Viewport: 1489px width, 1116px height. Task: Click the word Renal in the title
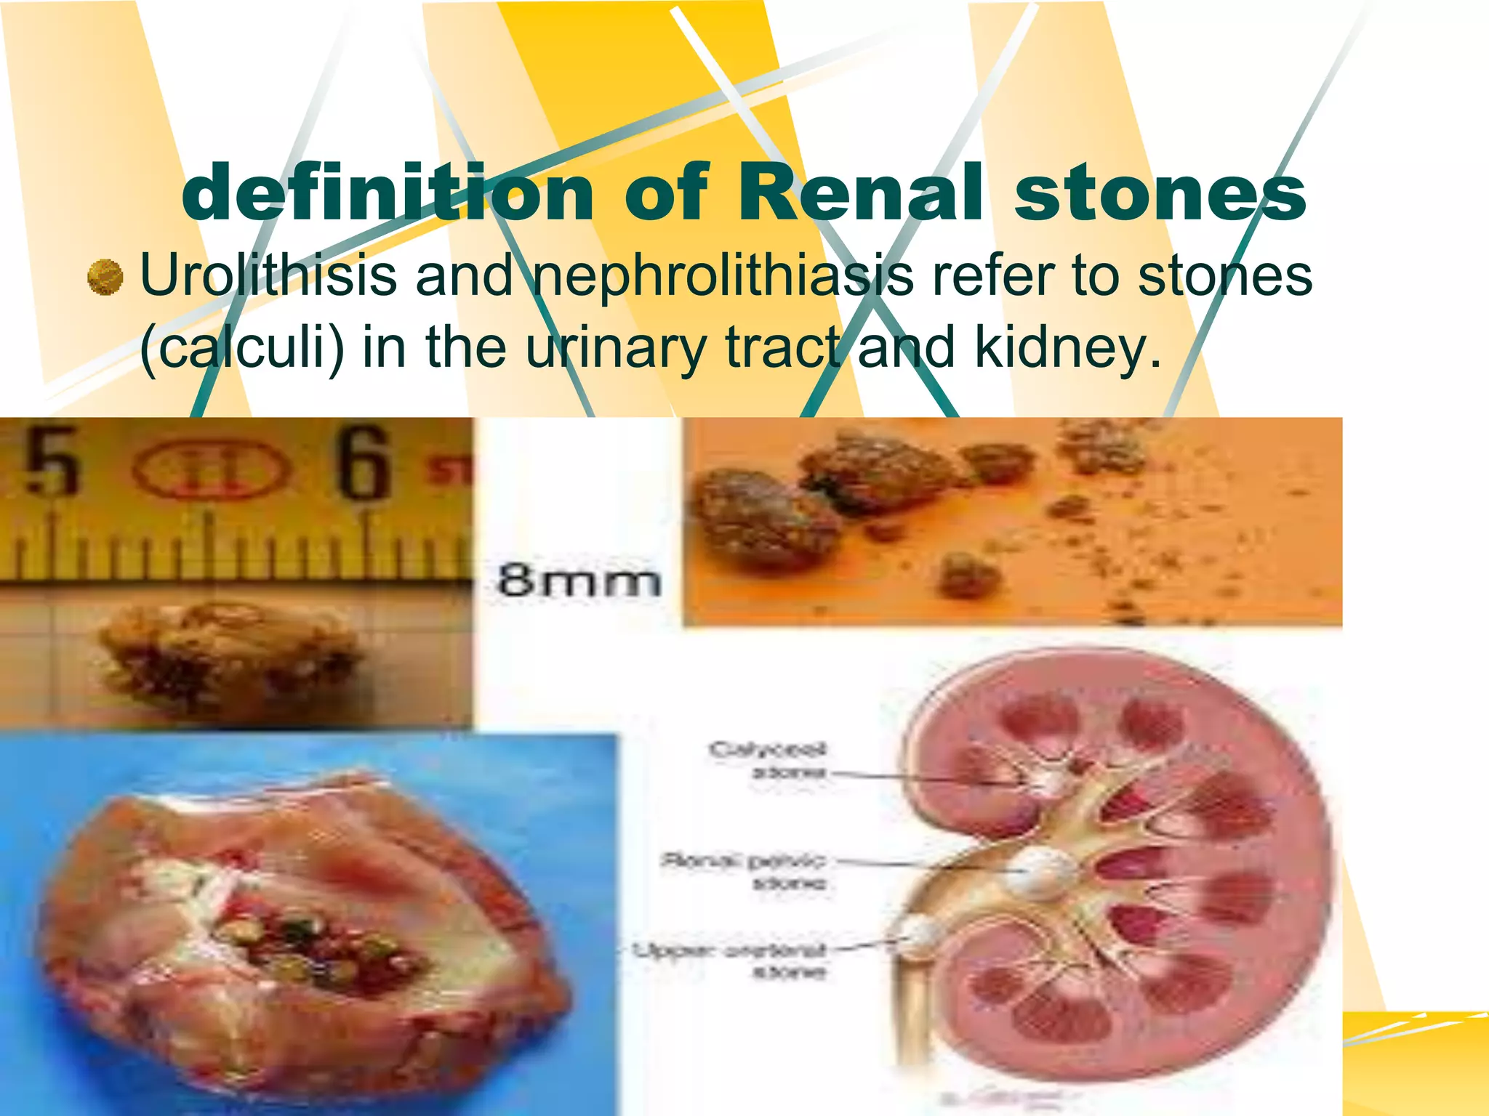(x=862, y=193)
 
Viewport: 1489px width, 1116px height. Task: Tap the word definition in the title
(x=389, y=193)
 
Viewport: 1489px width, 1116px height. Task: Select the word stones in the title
(x=1160, y=193)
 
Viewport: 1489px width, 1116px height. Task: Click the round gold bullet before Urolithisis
(x=105, y=277)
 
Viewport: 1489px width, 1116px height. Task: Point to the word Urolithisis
(x=269, y=276)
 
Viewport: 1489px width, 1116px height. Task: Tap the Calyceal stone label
(x=768, y=760)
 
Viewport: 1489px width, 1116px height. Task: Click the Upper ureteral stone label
(x=730, y=960)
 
